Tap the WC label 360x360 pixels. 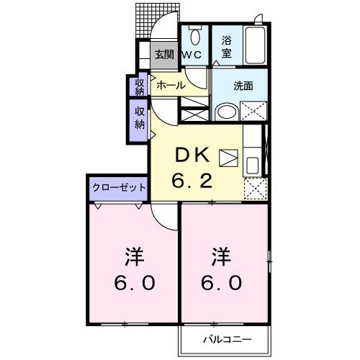(190, 55)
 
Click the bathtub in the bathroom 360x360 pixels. (256, 46)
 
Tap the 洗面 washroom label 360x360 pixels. (243, 86)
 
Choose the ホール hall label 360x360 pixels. (171, 85)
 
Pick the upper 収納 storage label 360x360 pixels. (140, 86)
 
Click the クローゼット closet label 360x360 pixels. (119, 187)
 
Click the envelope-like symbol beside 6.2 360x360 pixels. (228, 158)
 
